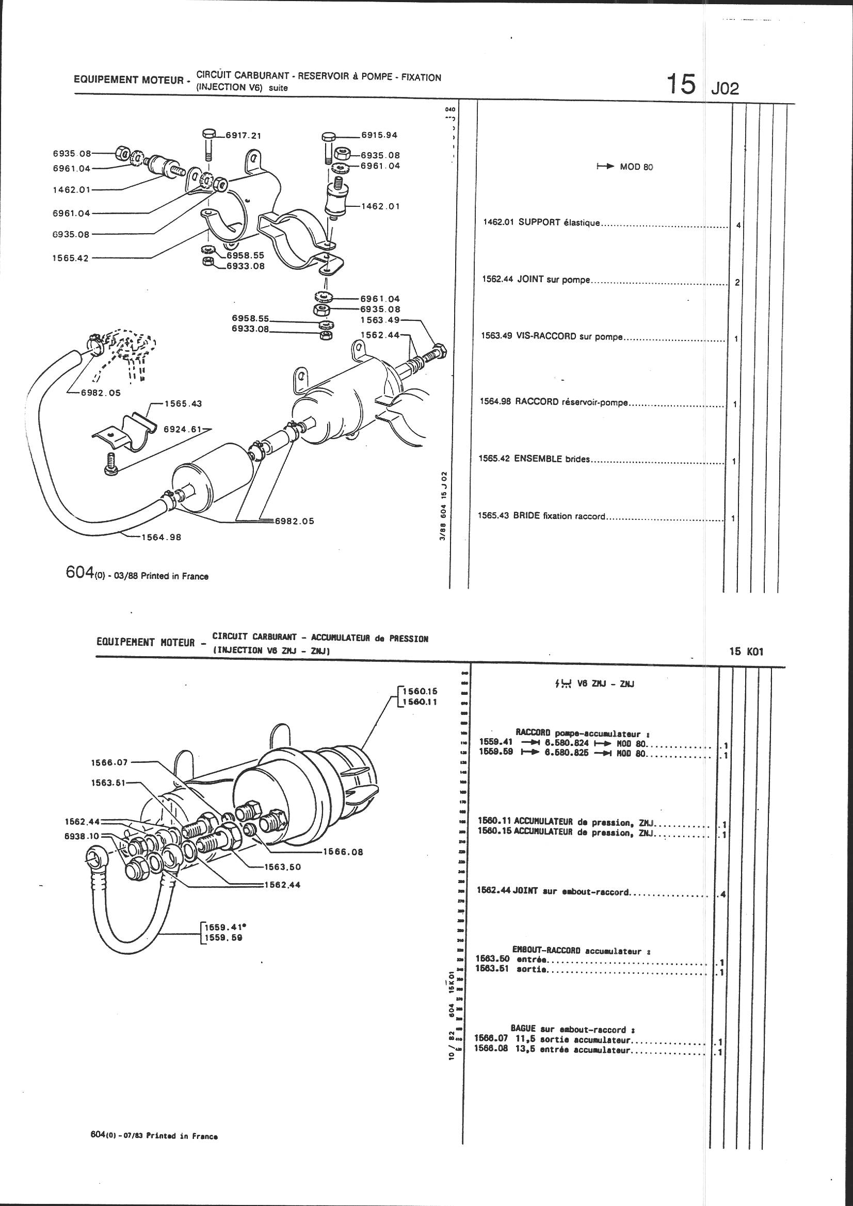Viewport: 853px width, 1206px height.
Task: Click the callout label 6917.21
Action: [x=244, y=135]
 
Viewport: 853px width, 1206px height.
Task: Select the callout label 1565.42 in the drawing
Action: [x=70, y=258]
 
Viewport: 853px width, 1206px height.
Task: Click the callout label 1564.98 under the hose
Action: [x=161, y=537]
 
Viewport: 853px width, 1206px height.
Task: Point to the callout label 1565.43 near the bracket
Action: [x=183, y=403]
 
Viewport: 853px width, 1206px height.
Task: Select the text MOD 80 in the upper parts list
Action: [x=636, y=167]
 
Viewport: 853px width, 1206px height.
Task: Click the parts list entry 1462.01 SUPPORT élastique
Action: [x=541, y=222]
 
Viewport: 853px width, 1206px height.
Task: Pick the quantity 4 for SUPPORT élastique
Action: [x=738, y=225]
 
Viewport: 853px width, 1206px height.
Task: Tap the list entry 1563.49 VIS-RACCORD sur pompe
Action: [x=551, y=336]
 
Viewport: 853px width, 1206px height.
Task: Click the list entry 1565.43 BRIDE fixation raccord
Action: [x=542, y=516]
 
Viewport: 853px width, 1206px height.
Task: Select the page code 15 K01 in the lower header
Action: [x=746, y=652]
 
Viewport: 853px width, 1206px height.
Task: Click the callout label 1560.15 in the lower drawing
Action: [x=419, y=691]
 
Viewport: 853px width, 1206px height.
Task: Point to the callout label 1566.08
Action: [x=344, y=852]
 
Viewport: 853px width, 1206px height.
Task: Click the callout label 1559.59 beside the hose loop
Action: [x=223, y=938]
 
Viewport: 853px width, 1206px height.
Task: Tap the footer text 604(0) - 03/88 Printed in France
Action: [x=137, y=575]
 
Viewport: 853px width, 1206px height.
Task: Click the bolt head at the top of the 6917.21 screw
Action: [x=208, y=132]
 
